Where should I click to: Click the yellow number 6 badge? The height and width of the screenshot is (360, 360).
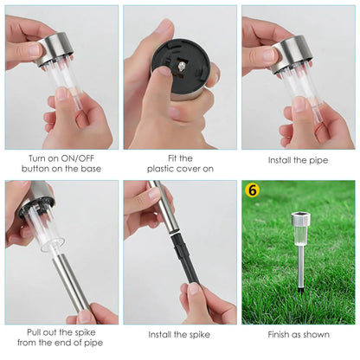(x=252, y=190)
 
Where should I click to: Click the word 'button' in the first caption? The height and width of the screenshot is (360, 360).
(x=34, y=169)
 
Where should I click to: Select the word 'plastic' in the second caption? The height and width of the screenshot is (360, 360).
(x=160, y=169)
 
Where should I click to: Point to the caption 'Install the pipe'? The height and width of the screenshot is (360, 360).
(x=298, y=160)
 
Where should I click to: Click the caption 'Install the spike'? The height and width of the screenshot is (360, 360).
(x=179, y=335)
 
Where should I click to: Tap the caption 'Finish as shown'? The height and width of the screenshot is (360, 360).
(x=299, y=335)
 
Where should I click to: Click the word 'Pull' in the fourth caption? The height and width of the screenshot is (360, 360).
(x=34, y=332)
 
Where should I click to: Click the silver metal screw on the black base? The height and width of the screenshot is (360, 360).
(x=181, y=67)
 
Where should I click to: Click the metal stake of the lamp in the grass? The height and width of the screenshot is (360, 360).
(x=300, y=265)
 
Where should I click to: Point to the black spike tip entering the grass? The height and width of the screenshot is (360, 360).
(x=300, y=288)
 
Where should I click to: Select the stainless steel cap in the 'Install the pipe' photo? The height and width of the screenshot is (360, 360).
(x=292, y=54)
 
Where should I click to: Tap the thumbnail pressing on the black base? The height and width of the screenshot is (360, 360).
(x=165, y=71)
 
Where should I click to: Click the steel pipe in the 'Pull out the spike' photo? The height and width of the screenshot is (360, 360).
(x=72, y=284)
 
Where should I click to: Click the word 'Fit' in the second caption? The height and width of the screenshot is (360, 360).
(x=171, y=158)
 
